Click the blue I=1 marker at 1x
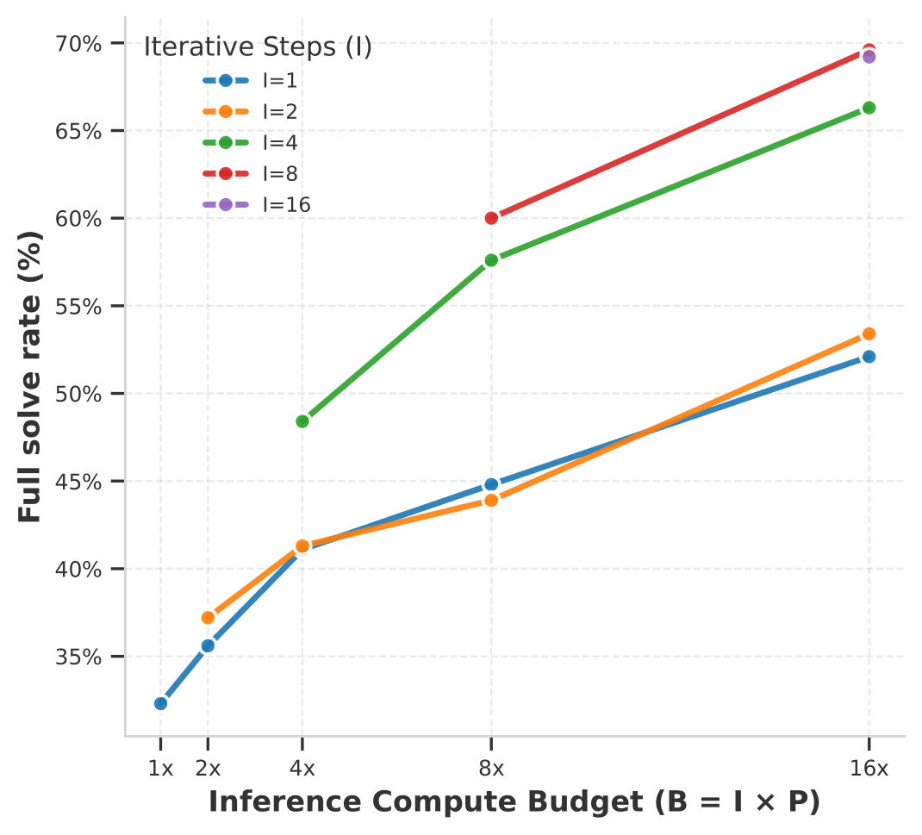click(160, 703)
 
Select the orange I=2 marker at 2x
click(208, 617)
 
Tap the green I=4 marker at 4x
click(302, 421)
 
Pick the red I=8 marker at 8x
click(491, 218)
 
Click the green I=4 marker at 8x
click(491, 260)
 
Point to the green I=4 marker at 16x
click(869, 108)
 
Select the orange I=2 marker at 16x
click(869, 333)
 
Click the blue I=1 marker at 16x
click(869, 357)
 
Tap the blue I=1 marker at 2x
click(208, 645)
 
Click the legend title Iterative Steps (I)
click(258, 47)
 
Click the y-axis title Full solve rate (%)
click(30, 377)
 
